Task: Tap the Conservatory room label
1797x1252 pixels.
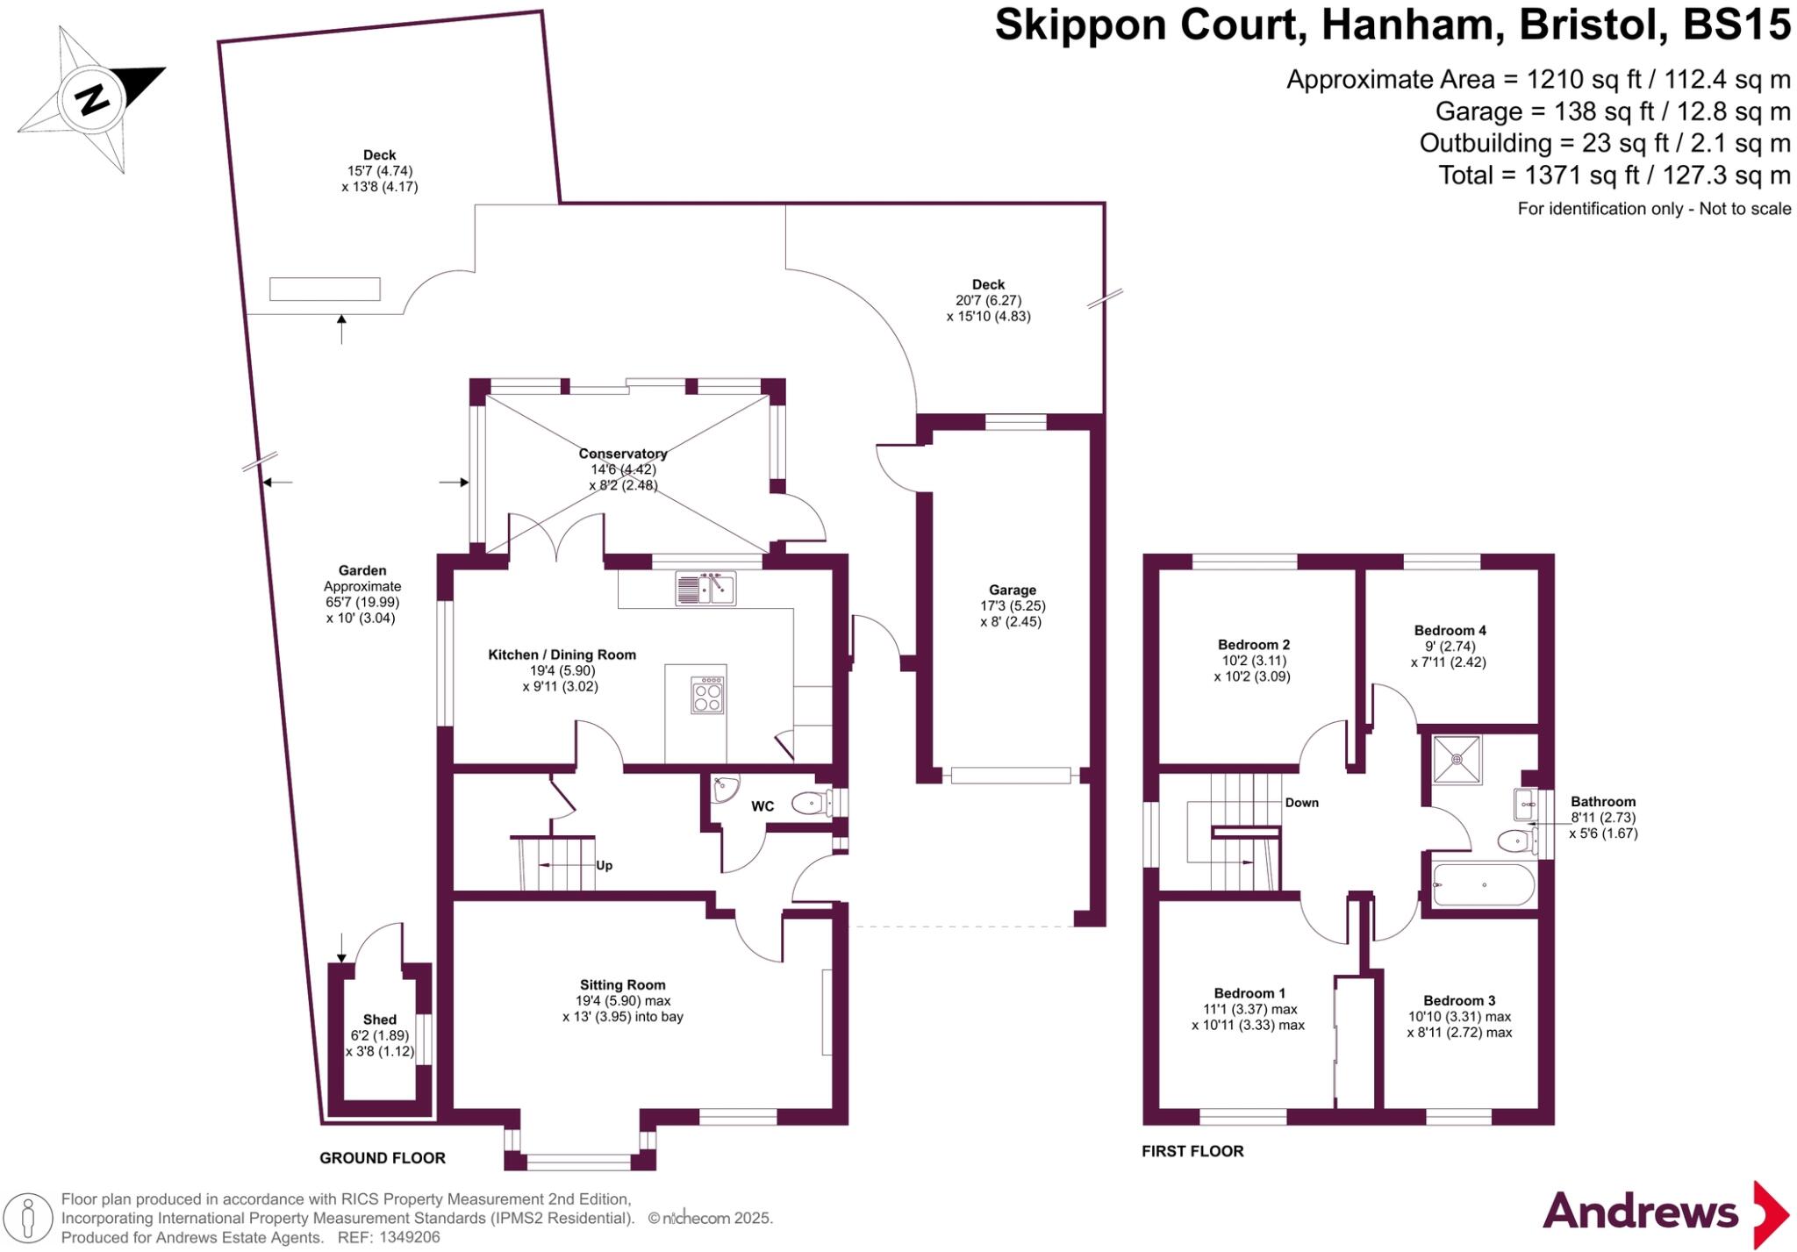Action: [x=622, y=454]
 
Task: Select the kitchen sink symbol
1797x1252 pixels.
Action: [x=705, y=588]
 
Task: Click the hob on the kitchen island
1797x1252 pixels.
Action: [x=708, y=695]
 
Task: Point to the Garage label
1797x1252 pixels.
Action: [x=1012, y=590]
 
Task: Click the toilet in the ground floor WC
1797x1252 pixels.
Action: [x=812, y=802]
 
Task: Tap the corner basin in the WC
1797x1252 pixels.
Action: [x=725, y=789]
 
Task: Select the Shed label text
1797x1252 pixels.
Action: [x=379, y=1019]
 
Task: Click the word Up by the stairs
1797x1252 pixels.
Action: [x=604, y=865]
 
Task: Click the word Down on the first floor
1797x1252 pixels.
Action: [x=1301, y=802]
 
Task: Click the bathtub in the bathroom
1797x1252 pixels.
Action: [x=1483, y=884]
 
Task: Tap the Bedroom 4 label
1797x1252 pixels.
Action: [x=1450, y=630]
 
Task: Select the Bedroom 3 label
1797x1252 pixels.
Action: [x=1459, y=1000]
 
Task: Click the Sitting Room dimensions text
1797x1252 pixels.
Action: [x=622, y=1009]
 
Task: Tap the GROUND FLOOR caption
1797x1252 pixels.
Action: [x=382, y=1158]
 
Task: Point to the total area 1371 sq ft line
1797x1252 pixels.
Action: [x=1614, y=175]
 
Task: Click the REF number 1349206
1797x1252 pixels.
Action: [x=409, y=1238]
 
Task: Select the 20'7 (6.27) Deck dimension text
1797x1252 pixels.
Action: [x=988, y=300]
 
